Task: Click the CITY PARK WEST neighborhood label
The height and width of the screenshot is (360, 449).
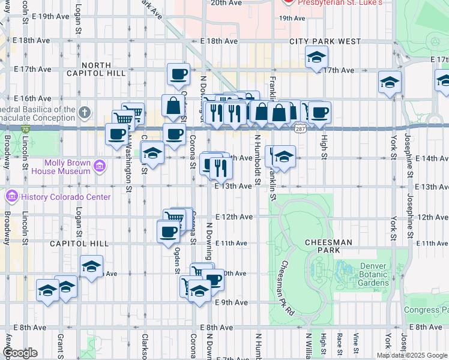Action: [325, 41]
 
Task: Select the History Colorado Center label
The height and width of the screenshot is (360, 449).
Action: [66, 197]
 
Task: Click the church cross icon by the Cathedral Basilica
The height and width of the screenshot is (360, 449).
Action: [85, 112]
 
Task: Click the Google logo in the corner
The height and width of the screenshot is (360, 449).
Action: [20, 353]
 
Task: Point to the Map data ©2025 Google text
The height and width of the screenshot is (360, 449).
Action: [412, 355]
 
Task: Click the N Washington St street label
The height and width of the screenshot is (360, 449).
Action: [128, 159]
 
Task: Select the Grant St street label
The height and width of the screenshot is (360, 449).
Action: [60, 343]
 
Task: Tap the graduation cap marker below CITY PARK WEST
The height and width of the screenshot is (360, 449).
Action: [316, 58]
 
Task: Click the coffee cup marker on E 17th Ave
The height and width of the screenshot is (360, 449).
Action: [178, 74]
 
